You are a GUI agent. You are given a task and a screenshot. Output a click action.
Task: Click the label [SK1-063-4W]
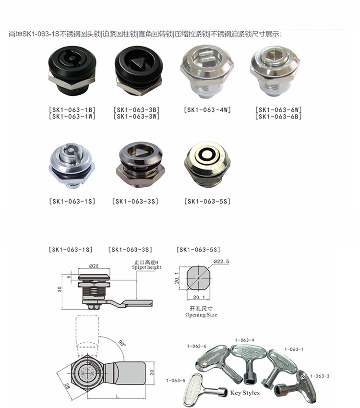[207, 110]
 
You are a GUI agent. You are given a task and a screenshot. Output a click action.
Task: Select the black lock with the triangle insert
[139, 71]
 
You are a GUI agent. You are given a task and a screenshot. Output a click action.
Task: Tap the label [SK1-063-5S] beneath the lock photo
[207, 202]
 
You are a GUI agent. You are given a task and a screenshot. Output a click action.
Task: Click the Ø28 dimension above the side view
[94, 266]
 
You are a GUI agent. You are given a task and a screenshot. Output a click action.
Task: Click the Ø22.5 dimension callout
[221, 262]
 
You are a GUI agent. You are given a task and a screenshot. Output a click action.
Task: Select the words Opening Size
[201, 315]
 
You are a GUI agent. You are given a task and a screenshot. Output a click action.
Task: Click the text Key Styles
[245, 393]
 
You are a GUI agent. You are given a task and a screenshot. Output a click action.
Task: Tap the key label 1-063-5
[176, 381]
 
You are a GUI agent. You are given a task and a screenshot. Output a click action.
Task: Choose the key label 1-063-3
[320, 376]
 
